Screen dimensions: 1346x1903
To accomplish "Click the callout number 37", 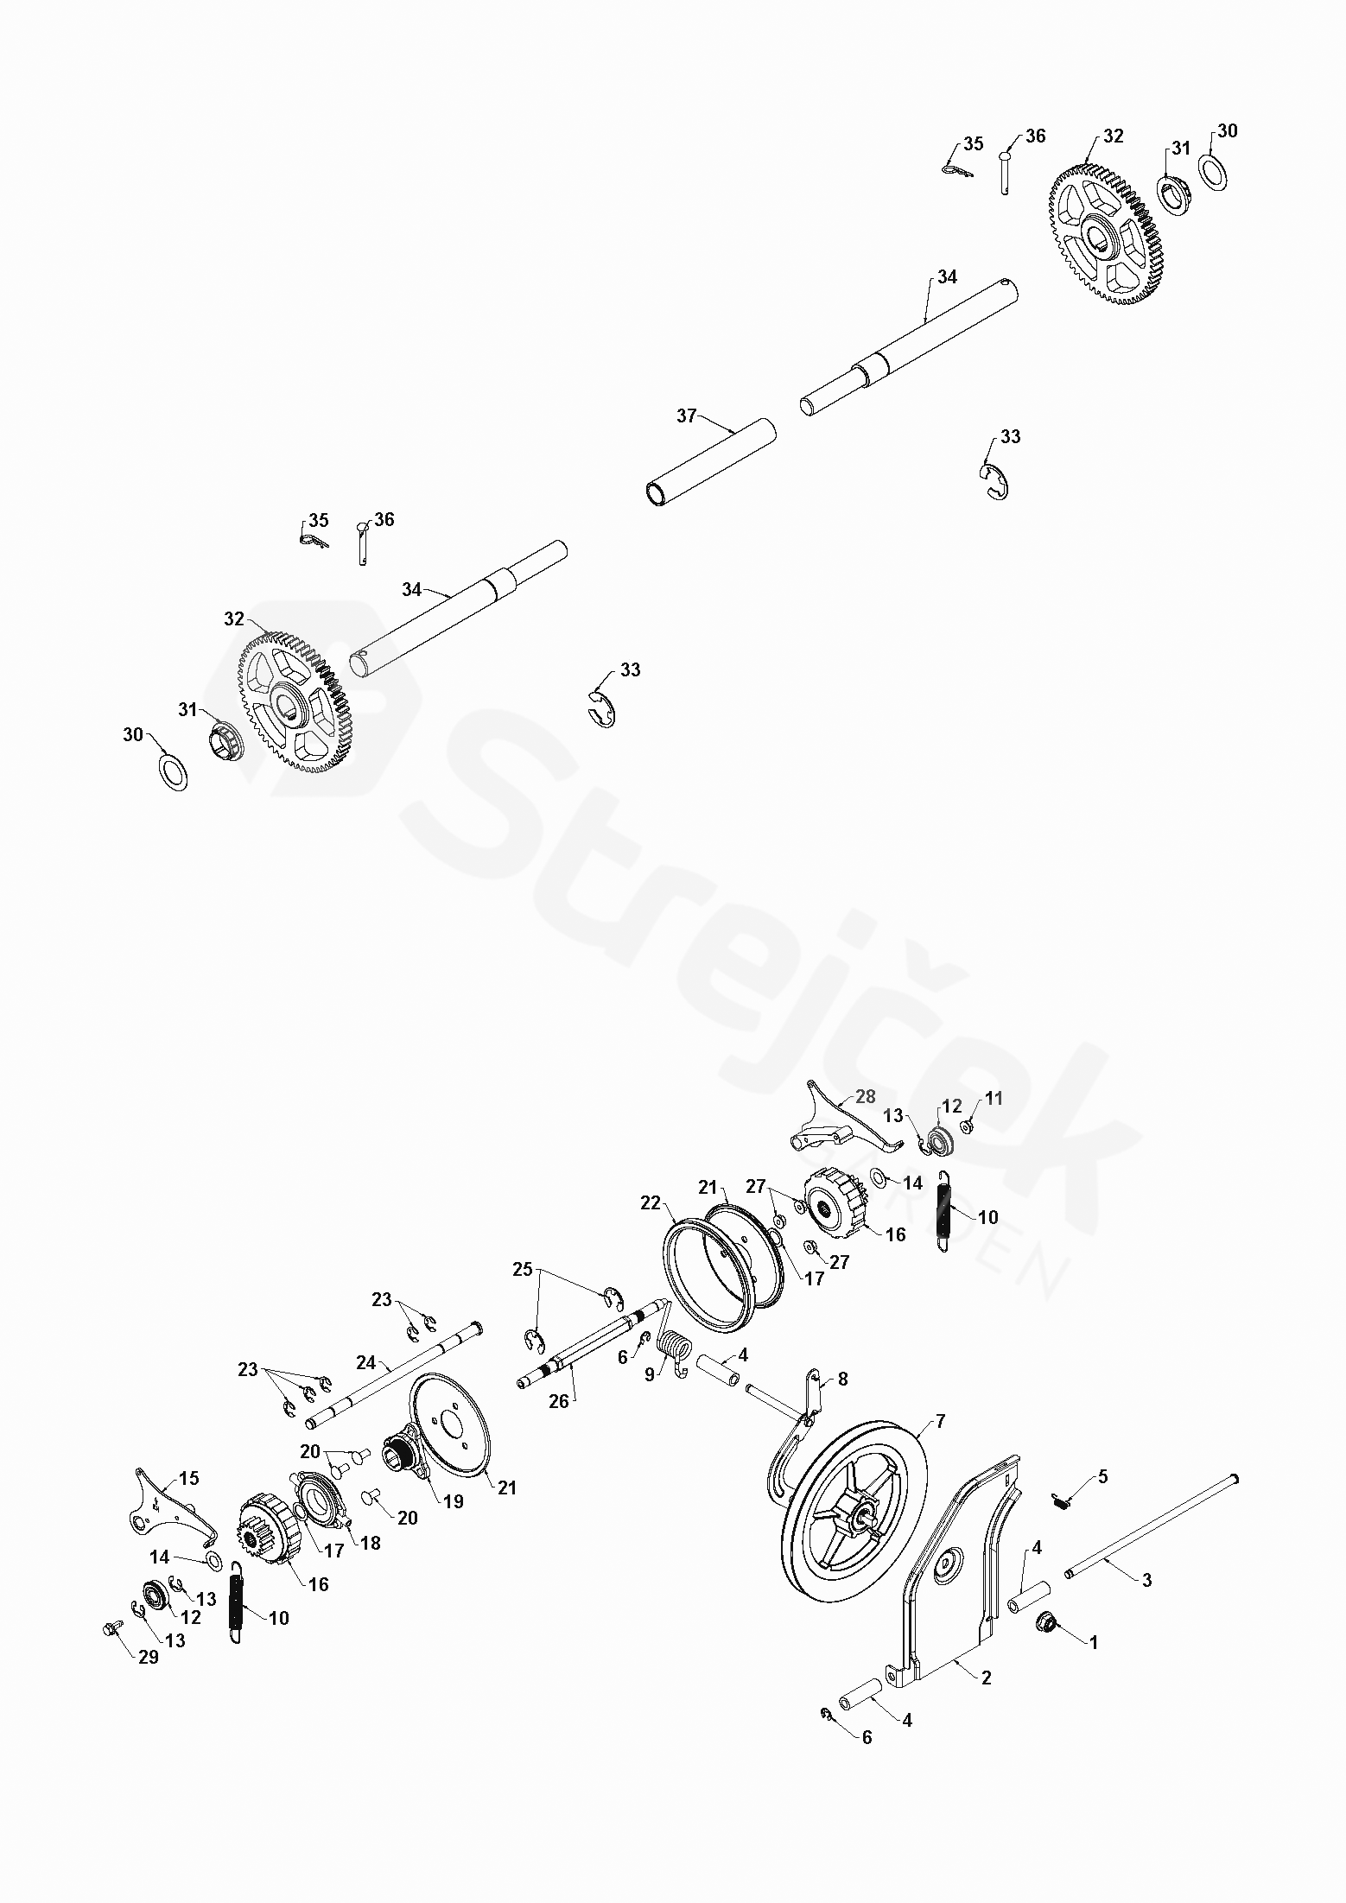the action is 686,416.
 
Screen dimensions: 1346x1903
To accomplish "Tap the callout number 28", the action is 865,1096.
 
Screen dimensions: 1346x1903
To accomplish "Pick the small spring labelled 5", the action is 1063,1502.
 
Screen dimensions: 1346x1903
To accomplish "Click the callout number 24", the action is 366,1364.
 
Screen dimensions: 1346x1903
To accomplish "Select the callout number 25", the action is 523,1270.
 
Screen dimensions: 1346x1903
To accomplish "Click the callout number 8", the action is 842,1379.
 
